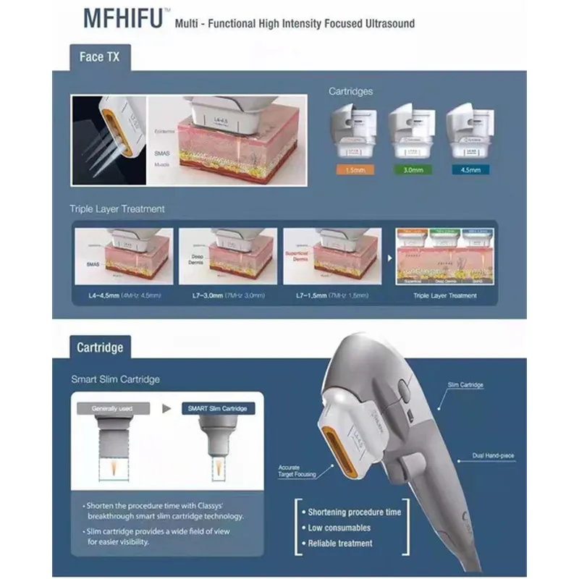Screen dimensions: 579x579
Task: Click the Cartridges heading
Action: [351, 92]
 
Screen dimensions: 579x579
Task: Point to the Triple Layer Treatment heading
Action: [117, 209]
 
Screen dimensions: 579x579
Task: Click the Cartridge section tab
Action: [100, 347]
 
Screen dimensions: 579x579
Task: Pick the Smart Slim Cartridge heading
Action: [116, 379]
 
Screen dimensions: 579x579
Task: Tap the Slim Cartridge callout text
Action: [465, 385]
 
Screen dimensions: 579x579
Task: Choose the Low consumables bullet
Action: [339, 528]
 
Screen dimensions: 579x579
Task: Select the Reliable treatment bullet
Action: [340, 543]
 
